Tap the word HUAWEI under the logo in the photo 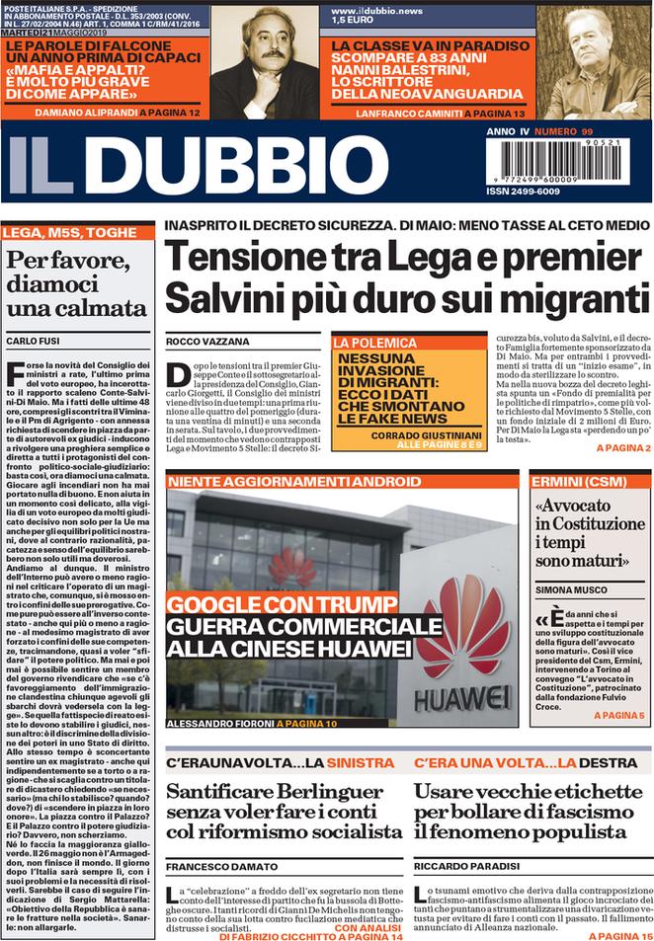pos(461,697)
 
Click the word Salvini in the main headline pos(238,296)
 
